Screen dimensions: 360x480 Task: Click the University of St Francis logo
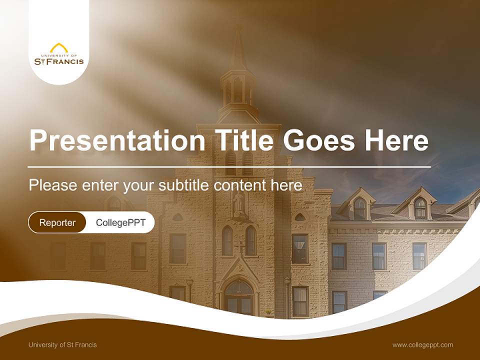pos(59,54)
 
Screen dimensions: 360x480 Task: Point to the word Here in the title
pos(396,140)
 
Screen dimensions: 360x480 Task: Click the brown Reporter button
pos(57,222)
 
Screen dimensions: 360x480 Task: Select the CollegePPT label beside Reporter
pos(120,222)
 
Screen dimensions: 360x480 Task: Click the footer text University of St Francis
pos(62,344)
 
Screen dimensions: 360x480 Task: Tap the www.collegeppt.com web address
pos(422,344)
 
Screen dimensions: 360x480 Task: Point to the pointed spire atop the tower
pos(238,50)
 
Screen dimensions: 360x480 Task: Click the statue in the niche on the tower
pos(238,204)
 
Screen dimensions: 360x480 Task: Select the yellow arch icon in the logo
pos(59,47)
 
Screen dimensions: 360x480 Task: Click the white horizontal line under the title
pos(229,166)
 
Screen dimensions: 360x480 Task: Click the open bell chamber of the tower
pos(238,90)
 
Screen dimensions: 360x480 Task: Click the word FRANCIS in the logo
pos(66,61)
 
